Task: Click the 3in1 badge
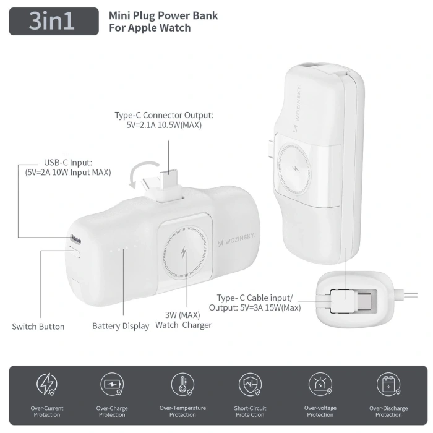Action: (x=54, y=21)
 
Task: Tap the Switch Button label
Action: (x=38, y=326)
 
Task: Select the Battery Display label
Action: (x=121, y=326)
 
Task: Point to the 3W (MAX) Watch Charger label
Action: (x=184, y=320)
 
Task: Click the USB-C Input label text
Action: (x=68, y=167)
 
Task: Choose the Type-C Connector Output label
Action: (x=164, y=120)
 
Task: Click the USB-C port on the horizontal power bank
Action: (x=75, y=239)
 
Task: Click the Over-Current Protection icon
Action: (x=47, y=385)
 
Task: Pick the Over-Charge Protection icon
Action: (x=112, y=385)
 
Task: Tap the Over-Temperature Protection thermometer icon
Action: (x=182, y=385)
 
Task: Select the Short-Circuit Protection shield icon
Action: (x=251, y=385)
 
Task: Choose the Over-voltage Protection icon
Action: (x=320, y=385)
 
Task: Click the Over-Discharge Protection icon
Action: (x=388, y=385)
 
